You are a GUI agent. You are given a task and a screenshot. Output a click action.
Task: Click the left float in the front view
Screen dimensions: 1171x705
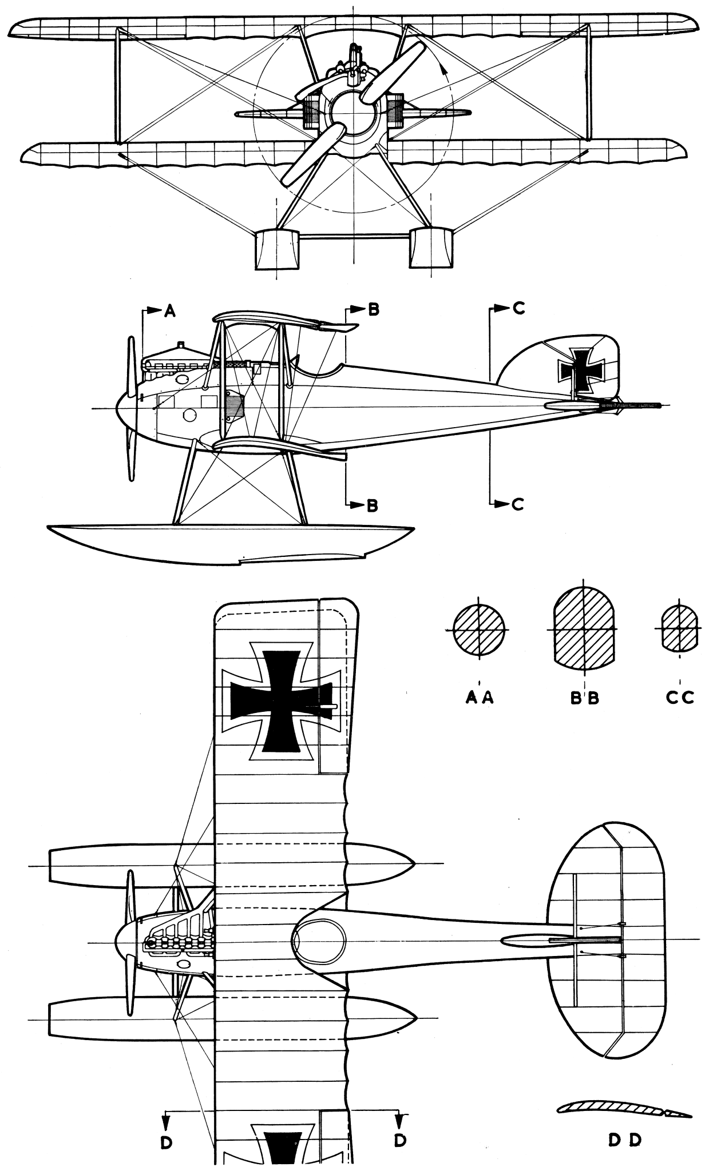click(x=276, y=249)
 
